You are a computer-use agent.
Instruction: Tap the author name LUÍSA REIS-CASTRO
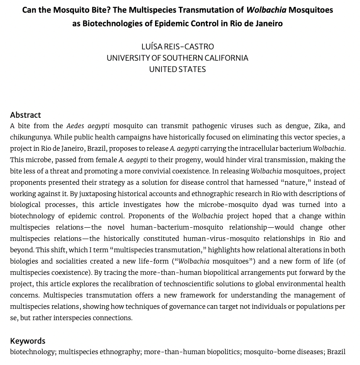[x=177, y=47]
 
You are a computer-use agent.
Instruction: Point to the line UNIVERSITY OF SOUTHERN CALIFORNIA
[x=177, y=58]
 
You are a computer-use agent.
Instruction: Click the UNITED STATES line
[x=177, y=69]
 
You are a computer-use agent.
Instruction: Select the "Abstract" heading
[x=25, y=115]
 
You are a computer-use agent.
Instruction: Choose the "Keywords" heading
[x=28, y=341]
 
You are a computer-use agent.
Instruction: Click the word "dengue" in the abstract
[x=278, y=126]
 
